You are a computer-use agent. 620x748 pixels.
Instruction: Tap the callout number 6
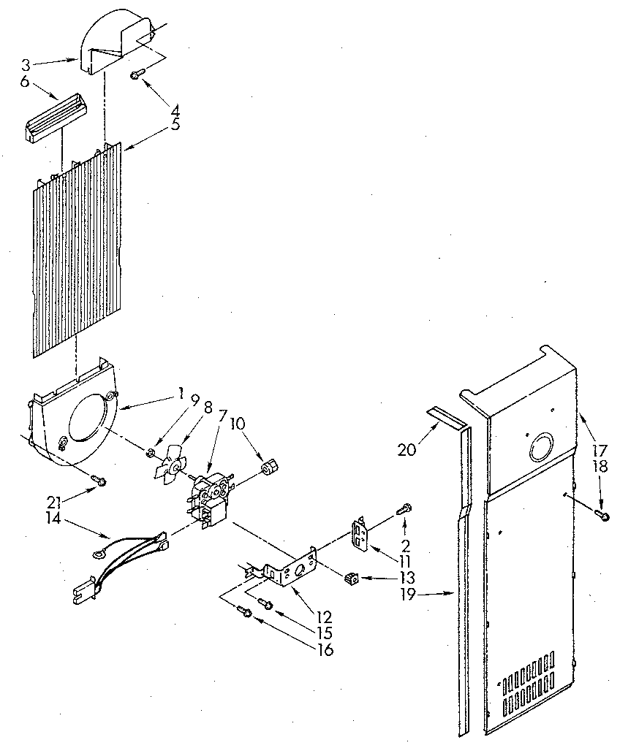pyautogui.click(x=25, y=82)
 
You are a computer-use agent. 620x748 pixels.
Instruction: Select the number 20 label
pyautogui.click(x=407, y=450)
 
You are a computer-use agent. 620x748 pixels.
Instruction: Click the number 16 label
pyautogui.click(x=325, y=649)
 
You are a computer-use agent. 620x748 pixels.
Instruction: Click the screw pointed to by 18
pyautogui.click(x=604, y=516)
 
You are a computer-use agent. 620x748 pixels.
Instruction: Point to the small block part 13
pyautogui.click(x=351, y=579)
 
